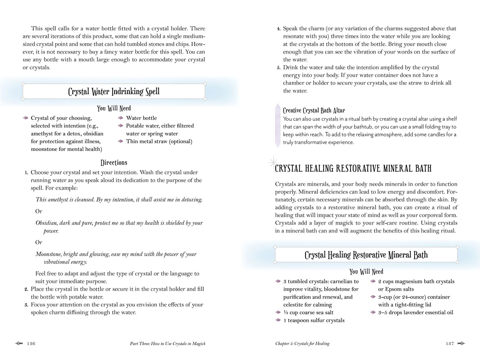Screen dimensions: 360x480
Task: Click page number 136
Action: click(x=31, y=344)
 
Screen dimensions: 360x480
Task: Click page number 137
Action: click(x=450, y=344)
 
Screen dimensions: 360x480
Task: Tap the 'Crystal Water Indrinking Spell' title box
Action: click(x=114, y=91)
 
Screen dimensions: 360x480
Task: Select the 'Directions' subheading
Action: click(x=114, y=162)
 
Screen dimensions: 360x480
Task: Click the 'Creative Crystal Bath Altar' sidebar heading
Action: click(x=314, y=110)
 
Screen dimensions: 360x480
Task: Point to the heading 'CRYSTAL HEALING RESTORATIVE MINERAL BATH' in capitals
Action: click(x=353, y=168)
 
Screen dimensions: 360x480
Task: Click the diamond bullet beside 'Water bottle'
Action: click(x=121, y=118)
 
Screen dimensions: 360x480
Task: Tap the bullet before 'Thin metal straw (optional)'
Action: click(x=121, y=141)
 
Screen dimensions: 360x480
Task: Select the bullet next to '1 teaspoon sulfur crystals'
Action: click(x=278, y=320)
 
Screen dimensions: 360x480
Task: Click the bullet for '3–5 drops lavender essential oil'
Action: click(x=373, y=313)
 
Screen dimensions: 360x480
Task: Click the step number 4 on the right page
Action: click(x=279, y=29)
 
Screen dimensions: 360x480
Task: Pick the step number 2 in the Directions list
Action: click(x=26, y=289)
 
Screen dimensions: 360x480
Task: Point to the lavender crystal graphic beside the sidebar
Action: click(x=278, y=126)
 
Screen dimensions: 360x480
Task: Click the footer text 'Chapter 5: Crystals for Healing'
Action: click(x=302, y=344)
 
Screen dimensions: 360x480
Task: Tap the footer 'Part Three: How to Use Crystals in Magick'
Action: click(x=167, y=344)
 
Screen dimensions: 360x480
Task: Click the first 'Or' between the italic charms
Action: click(x=39, y=211)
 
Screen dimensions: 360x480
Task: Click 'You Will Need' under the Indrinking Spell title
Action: click(x=114, y=108)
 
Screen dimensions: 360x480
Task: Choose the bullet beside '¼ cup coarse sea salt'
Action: click(x=278, y=313)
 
